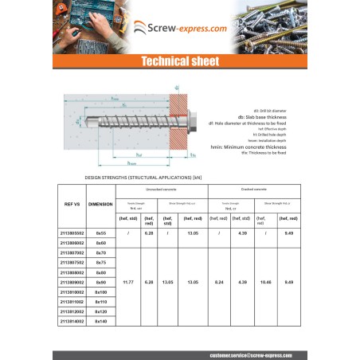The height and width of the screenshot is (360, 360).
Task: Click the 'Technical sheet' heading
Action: click(179, 61)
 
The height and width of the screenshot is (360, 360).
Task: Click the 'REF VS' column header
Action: click(72, 204)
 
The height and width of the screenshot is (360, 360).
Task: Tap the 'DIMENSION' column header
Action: click(100, 204)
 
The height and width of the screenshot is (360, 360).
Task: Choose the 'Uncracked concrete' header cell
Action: click(161, 190)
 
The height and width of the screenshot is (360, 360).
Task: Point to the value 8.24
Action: click(219, 281)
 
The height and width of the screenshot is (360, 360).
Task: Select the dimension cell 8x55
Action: click(100, 233)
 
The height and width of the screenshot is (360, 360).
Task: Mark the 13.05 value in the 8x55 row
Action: click(192, 233)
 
